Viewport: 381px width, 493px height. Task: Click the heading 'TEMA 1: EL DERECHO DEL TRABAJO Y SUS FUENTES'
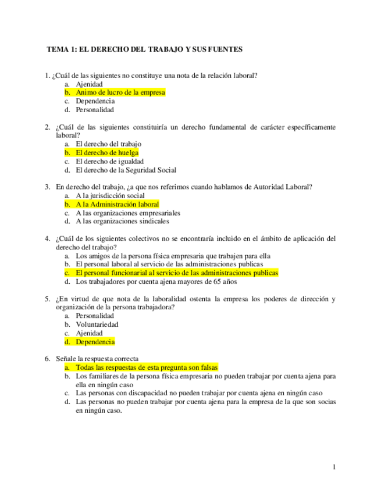(x=144, y=50)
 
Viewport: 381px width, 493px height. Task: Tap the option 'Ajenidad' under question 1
(x=89, y=84)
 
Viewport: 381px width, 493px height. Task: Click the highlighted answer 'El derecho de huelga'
(x=107, y=153)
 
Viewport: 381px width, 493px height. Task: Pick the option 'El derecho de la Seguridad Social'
(x=126, y=170)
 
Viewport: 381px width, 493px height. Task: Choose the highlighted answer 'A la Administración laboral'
(x=117, y=205)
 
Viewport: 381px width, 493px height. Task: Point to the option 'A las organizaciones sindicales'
(x=122, y=222)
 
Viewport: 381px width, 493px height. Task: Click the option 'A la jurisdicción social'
(x=111, y=196)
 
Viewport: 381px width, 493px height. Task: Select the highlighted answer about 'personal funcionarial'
(x=177, y=273)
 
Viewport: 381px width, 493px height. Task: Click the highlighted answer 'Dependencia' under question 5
(x=95, y=342)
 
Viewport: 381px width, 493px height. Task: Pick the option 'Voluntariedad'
(x=97, y=324)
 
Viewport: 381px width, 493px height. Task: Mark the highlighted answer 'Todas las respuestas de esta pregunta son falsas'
(x=147, y=368)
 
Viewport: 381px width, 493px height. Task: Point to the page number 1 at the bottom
(x=334, y=467)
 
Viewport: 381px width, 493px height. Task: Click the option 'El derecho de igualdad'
(x=109, y=162)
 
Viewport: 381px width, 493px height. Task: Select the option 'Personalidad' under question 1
(x=95, y=109)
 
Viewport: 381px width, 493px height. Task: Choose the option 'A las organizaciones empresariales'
(x=128, y=213)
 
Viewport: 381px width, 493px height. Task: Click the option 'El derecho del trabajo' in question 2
(x=109, y=144)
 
